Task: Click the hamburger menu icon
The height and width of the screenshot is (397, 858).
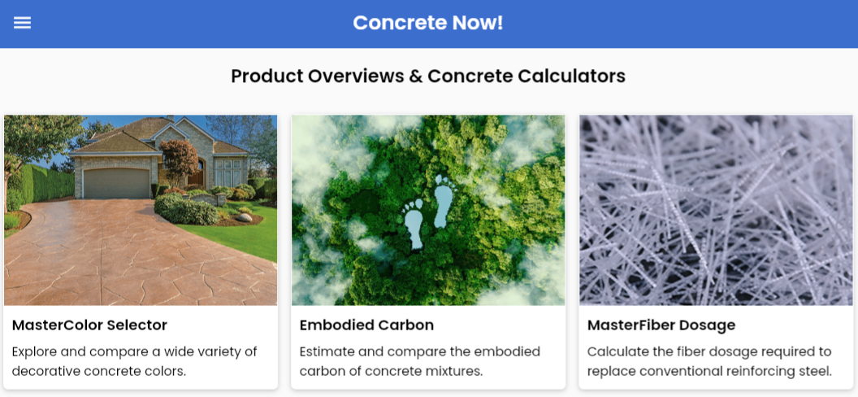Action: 23,23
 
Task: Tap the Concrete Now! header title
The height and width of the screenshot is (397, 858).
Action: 428,23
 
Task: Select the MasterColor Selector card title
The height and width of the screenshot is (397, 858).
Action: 89,325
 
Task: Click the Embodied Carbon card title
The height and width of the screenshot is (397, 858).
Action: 366,325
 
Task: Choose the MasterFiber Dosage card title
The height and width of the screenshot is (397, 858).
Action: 661,325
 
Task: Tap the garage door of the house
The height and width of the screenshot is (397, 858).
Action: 116,183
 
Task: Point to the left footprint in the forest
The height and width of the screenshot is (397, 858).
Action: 413,222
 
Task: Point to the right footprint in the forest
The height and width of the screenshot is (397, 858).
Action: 444,201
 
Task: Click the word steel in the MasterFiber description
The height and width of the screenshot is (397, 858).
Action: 817,371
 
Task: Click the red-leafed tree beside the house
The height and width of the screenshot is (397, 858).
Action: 179,159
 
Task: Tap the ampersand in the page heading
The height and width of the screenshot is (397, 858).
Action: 415,76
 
